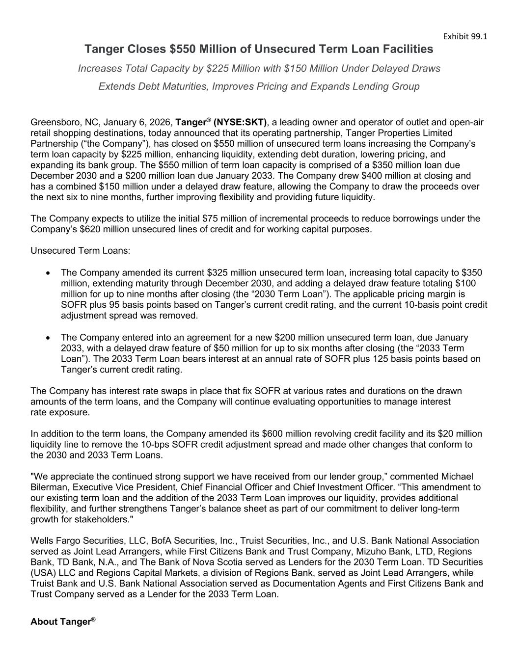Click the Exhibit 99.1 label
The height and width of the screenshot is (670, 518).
465,36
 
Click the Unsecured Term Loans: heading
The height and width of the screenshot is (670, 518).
81,251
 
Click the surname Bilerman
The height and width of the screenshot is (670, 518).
49,487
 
